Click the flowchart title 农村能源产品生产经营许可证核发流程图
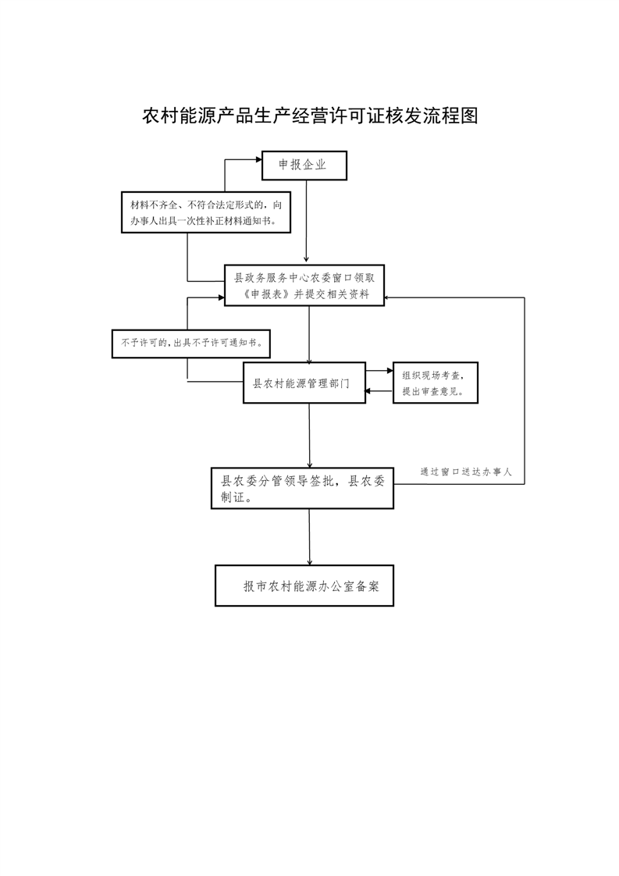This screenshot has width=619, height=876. coord(310,116)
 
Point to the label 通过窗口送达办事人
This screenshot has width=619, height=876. coord(466,472)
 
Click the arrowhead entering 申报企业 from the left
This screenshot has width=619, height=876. coord(258,159)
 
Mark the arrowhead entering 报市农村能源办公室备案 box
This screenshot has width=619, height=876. coord(309,561)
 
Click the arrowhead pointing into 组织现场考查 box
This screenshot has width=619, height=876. coord(390,370)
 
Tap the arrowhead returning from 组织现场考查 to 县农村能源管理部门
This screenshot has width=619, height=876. coord(369,390)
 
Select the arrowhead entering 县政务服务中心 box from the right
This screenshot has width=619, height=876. coord(388,297)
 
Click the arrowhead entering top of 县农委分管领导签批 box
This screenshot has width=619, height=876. coord(309,465)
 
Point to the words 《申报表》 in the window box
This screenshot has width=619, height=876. coord(267,294)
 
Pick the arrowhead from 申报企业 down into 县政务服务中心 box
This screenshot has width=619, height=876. coord(306,259)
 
